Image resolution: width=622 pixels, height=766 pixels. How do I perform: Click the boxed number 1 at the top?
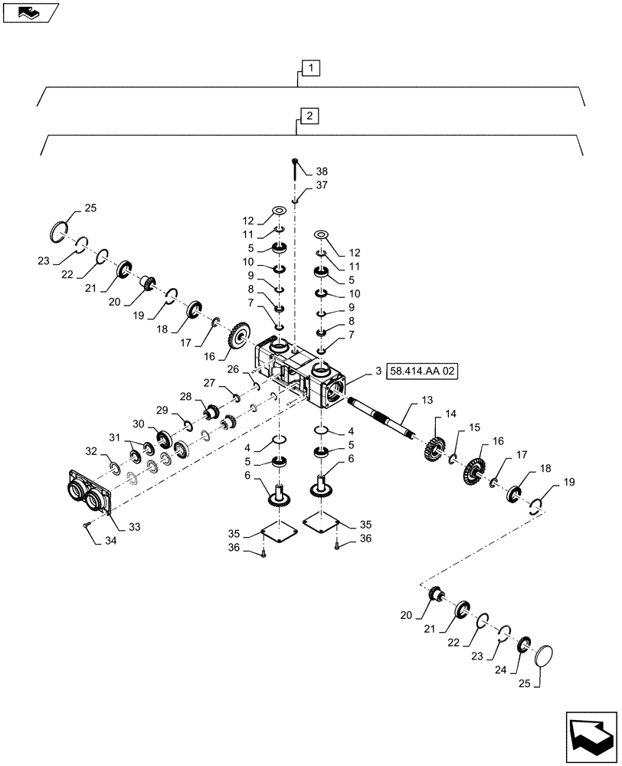click(310, 69)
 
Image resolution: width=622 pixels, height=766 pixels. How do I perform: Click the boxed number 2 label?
click(309, 116)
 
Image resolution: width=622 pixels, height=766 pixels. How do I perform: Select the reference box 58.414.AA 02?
click(423, 372)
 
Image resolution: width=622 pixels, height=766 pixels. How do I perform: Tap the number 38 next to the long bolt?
click(321, 172)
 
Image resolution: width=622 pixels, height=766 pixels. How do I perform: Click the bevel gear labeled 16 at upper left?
click(239, 339)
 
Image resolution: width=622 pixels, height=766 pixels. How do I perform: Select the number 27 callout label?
click(208, 383)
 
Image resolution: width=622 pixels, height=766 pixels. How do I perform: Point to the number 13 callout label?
click(427, 401)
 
